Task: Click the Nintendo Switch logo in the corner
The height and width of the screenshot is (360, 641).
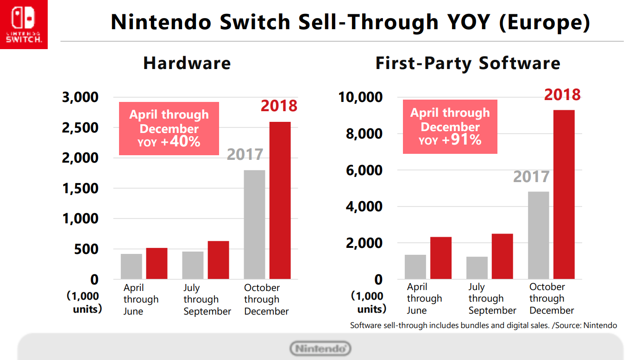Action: (24, 24)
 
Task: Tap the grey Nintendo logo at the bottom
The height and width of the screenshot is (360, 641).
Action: (320, 348)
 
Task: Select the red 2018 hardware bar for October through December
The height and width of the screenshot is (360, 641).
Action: (280, 200)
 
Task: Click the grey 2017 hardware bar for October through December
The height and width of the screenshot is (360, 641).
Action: (254, 225)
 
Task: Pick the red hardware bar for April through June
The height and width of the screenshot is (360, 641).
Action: (157, 263)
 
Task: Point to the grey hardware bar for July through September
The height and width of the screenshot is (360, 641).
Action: (193, 265)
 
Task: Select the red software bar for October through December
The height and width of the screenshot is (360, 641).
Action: (564, 194)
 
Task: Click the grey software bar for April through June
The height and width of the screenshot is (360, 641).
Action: (415, 267)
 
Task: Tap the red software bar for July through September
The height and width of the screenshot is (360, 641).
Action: (503, 256)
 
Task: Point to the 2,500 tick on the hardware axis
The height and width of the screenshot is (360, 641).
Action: (80, 128)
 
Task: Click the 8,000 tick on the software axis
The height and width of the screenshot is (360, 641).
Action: (364, 134)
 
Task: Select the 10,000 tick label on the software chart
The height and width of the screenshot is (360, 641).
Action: (360, 97)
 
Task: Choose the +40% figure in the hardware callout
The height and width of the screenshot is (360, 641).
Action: (181, 141)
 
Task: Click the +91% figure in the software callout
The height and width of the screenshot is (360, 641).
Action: (462, 139)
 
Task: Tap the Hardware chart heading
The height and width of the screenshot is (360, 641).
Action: (187, 63)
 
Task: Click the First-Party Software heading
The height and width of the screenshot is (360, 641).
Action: (468, 63)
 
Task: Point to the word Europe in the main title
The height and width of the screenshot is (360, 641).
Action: (545, 22)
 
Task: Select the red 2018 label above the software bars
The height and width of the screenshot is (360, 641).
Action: (562, 95)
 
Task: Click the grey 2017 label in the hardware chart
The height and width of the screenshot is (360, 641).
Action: (245, 155)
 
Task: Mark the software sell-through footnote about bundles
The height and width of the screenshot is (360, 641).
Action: (484, 325)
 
